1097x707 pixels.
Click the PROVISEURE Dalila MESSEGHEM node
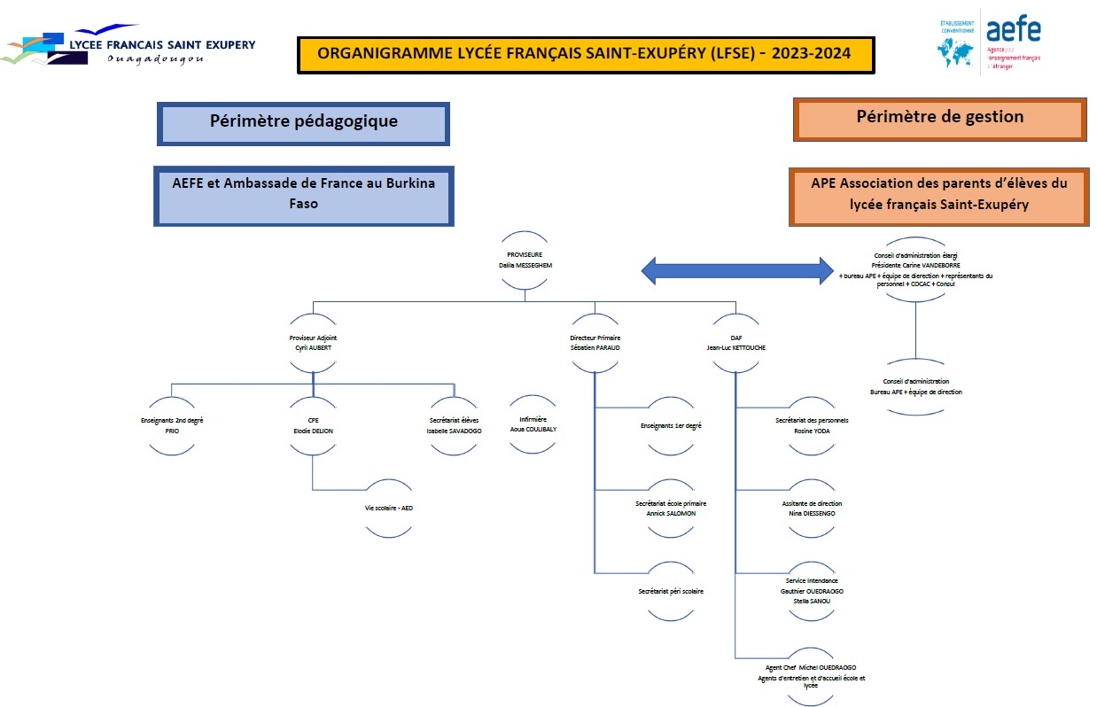525,260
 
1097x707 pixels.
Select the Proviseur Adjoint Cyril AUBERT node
313,343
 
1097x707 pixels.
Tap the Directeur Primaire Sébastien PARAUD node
595,343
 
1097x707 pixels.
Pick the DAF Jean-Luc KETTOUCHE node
735,343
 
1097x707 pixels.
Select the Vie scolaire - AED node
389,508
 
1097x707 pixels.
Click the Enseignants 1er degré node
671,426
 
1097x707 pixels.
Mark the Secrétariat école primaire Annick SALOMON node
671,508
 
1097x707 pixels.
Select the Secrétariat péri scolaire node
671,590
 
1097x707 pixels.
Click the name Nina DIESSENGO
812,513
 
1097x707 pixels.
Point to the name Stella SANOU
812,600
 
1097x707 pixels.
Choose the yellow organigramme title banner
585,54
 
